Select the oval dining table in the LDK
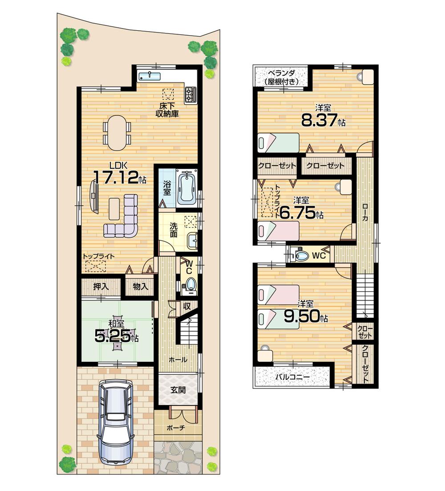coord(117,133)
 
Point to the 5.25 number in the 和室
coord(113,336)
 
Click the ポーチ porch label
coord(176,428)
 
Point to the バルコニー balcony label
coord(292,377)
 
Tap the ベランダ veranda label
coord(280,77)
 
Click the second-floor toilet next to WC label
coord(302,256)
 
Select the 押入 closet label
coord(101,286)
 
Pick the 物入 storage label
coord(140,286)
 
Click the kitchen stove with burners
coord(191,93)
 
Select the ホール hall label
coord(177,360)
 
